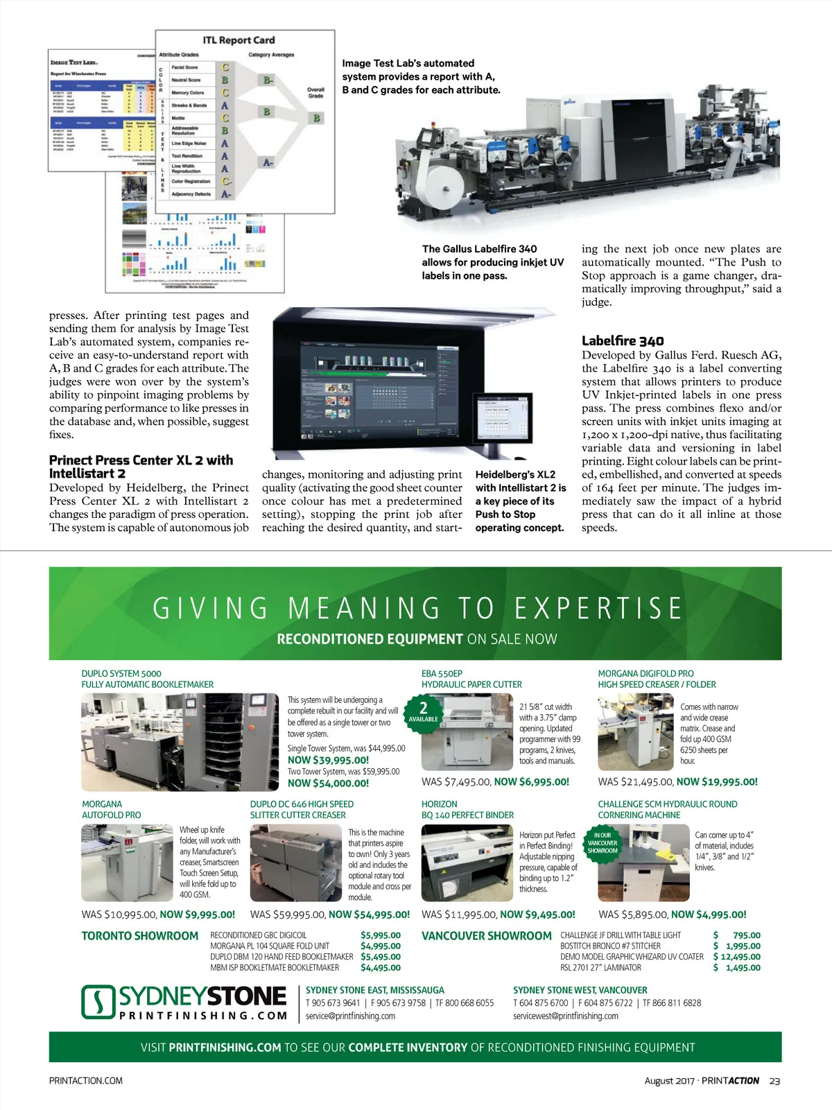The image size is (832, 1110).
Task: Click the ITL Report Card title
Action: coord(239,40)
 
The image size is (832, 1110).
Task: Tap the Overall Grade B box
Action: coord(317,118)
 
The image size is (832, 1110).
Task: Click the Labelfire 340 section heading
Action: coord(623,340)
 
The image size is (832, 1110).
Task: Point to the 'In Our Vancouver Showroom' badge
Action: coord(602,842)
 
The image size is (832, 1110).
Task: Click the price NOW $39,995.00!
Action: coord(328,760)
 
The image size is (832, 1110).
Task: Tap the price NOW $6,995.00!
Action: coord(531,781)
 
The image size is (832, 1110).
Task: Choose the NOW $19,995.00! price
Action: coord(717,781)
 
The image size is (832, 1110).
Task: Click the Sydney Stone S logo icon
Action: coord(98,1002)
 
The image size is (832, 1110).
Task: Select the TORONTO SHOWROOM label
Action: coord(140,936)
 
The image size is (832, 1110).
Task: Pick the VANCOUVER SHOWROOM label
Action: coord(487,936)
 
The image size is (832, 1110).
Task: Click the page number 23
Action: coord(774,1081)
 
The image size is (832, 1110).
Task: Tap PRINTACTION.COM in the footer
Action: coord(86,1081)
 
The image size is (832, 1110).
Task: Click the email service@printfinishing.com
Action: coord(350,1016)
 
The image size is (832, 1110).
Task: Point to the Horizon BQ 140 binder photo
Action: coord(466,863)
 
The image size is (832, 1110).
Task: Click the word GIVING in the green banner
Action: coord(210,609)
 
